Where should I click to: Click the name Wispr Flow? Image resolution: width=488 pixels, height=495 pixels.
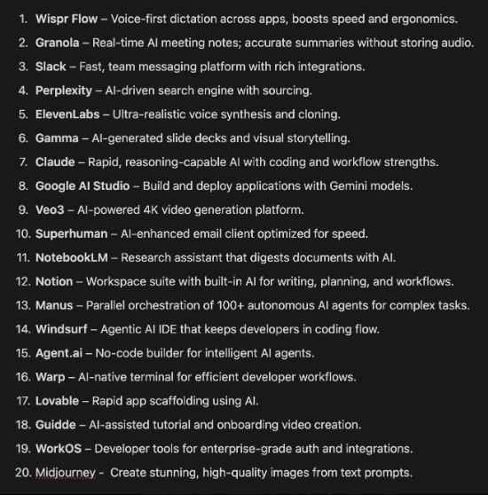[x=68, y=19]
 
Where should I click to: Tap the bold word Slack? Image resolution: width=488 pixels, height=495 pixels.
[x=52, y=67]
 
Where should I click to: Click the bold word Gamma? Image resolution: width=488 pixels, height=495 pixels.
[x=57, y=138]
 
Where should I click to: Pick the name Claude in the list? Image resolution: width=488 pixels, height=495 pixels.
[x=55, y=162]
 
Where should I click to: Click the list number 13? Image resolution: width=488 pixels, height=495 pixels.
[x=22, y=306]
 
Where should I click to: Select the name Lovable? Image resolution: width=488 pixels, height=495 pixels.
[x=58, y=402]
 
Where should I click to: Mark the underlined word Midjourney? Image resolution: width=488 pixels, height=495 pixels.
[x=65, y=473]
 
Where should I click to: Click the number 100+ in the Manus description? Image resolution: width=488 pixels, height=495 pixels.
[x=201, y=306]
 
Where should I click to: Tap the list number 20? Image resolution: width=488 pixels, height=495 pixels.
[x=22, y=473]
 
